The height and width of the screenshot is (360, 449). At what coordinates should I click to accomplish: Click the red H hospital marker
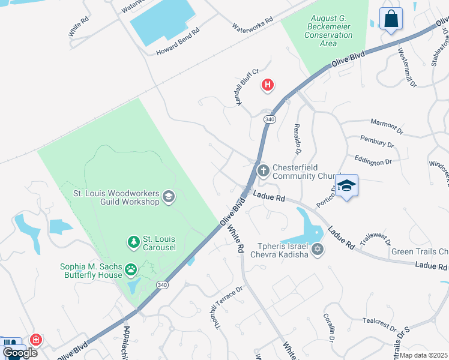[x=268, y=86]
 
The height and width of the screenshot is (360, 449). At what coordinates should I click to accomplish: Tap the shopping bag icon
[x=391, y=18]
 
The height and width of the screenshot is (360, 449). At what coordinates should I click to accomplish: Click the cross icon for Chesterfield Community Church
[x=263, y=172]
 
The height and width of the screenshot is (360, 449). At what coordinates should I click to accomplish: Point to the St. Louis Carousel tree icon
[x=133, y=242]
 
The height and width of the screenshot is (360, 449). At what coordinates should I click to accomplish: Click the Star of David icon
[x=318, y=249]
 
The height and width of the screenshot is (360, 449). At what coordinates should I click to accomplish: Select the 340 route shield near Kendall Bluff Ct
[x=270, y=120]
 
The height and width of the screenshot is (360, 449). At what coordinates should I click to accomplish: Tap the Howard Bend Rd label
[x=177, y=43]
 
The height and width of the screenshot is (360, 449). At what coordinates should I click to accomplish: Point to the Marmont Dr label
[x=387, y=125]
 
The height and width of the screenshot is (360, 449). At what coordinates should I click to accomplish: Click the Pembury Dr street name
[x=376, y=143]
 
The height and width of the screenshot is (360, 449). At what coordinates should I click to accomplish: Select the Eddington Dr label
[x=373, y=161]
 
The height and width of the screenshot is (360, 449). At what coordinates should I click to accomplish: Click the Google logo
[x=20, y=352]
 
